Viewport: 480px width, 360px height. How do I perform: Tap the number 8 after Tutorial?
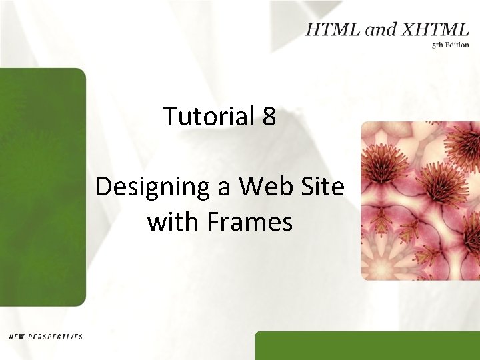point(269,117)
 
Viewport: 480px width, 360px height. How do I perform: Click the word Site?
point(322,187)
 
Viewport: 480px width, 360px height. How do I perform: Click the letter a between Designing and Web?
point(225,188)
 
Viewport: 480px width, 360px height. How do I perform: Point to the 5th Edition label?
point(450,45)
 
